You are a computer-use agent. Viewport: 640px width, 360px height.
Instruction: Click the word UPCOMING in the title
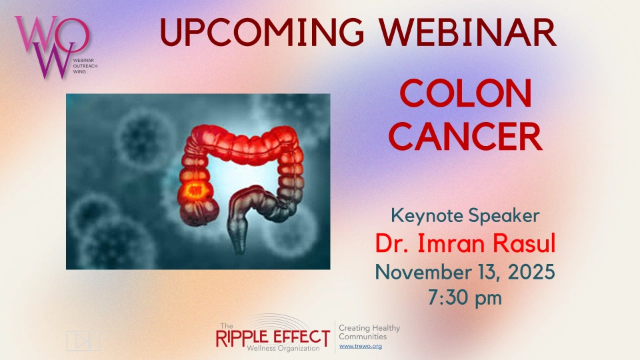pos(261,32)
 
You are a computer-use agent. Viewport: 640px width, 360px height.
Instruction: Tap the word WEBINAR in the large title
pos(467,32)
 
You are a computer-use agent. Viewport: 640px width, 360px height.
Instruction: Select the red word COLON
pos(465,93)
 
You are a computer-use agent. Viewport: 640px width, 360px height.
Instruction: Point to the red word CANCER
pos(465,137)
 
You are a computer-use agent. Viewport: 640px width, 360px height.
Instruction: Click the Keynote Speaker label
pos(465,216)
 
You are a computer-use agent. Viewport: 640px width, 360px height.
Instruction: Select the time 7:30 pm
pos(465,297)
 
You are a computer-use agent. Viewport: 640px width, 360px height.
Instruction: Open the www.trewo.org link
pos(361,346)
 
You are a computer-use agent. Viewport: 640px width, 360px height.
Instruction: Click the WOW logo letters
pos(51,47)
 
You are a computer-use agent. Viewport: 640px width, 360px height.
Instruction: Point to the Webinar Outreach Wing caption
pos(85,66)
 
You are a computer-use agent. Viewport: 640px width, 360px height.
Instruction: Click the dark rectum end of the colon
pos(239,241)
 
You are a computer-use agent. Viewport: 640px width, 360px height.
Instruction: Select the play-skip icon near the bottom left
pos(83,341)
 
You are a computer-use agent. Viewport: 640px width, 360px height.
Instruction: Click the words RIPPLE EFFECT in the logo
pos(273,337)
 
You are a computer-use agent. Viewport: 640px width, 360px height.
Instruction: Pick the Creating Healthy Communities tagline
pos(369,332)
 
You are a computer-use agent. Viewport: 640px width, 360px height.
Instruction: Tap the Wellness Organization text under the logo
pos(283,348)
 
